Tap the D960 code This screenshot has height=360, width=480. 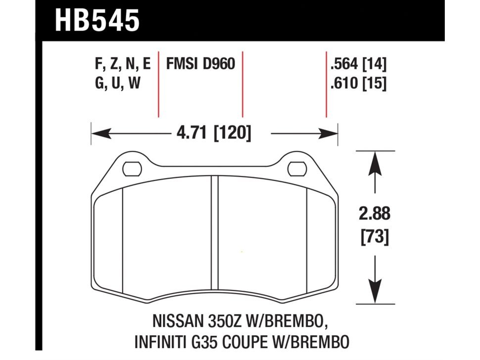[218, 65]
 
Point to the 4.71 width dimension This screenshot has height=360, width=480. [188, 133]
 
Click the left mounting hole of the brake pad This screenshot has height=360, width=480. [131, 169]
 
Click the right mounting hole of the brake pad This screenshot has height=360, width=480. [296, 169]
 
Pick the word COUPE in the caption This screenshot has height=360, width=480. [252, 342]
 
